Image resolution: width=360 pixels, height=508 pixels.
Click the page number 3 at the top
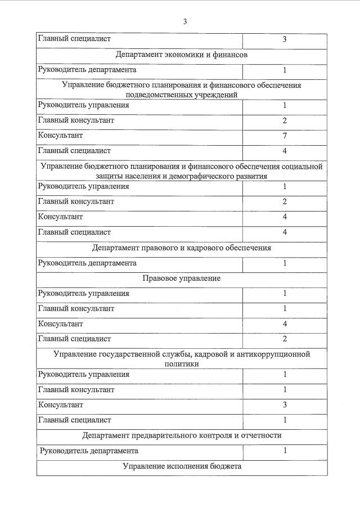[x=184, y=22]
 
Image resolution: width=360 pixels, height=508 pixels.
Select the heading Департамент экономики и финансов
[x=182, y=55]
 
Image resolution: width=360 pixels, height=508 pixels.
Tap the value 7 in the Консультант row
[x=285, y=136]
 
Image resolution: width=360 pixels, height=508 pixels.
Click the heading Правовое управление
[x=182, y=278]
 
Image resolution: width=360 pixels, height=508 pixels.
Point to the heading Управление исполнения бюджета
[x=182, y=467]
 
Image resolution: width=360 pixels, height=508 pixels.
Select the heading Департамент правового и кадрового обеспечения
[x=182, y=248]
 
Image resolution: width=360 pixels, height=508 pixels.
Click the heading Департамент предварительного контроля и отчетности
[x=182, y=435]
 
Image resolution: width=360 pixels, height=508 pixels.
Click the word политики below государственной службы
[x=182, y=364]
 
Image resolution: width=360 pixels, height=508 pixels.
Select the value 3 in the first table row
[x=285, y=39]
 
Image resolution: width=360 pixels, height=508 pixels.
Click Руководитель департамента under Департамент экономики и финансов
[x=87, y=70]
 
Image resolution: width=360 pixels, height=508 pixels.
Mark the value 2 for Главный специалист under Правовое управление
[x=285, y=339]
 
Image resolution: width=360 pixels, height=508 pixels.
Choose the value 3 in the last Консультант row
[x=285, y=404]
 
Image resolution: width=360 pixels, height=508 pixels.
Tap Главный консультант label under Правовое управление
[x=76, y=308]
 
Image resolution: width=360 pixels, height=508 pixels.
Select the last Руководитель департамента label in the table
[x=89, y=451]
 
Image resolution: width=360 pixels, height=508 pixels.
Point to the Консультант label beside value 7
[x=60, y=136]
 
